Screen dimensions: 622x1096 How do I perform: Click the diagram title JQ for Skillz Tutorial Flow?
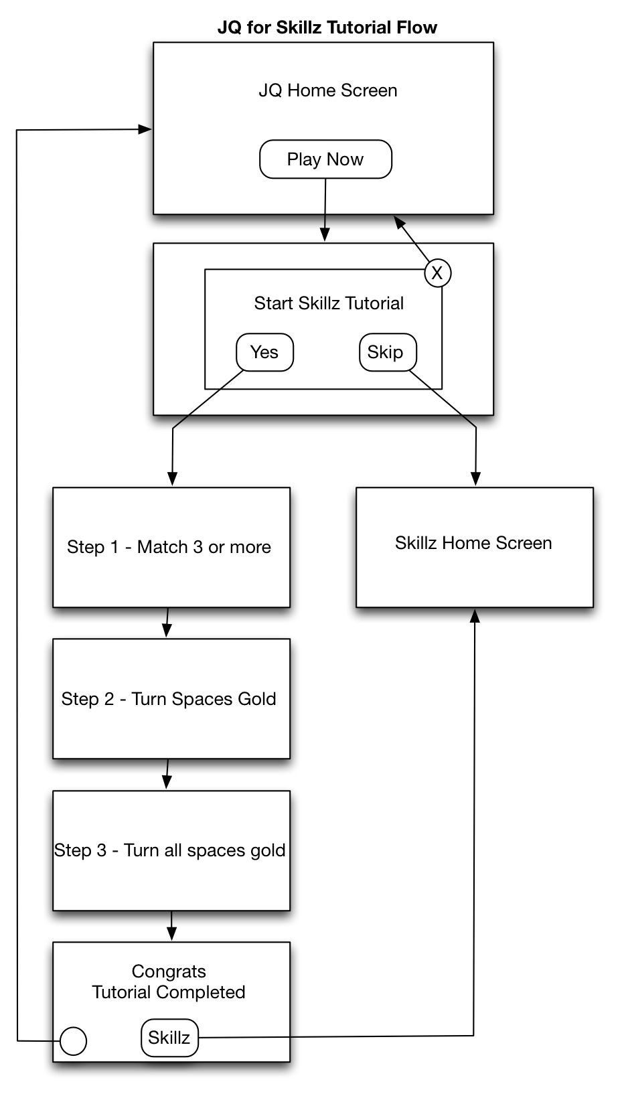pyautogui.click(x=327, y=27)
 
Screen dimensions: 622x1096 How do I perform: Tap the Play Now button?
pyautogui.click(x=325, y=159)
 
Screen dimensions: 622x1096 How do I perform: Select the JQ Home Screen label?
pyautogui.click(x=328, y=90)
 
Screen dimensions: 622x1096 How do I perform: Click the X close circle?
pyautogui.click(x=437, y=272)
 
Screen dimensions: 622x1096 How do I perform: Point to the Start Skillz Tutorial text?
pyautogui.click(x=329, y=303)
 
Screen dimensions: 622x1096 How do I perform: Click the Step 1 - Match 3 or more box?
pyautogui.click(x=171, y=547)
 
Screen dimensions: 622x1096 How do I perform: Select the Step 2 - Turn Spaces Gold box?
pyautogui.click(x=171, y=699)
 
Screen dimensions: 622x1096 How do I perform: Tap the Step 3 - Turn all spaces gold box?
pyautogui.click(x=171, y=850)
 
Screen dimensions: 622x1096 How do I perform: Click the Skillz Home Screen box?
pyautogui.click(x=475, y=547)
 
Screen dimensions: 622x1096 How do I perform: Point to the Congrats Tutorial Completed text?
pyautogui.click(x=169, y=982)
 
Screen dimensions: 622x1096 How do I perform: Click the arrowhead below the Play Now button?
pyautogui.click(x=325, y=235)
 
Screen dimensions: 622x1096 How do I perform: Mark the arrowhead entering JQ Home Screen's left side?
pyautogui.click(x=145, y=129)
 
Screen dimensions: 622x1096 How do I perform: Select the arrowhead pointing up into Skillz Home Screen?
pyautogui.click(x=475, y=616)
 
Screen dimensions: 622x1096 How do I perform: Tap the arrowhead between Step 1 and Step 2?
pyautogui.click(x=167, y=631)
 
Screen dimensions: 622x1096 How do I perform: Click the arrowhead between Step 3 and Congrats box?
pyautogui.click(x=171, y=934)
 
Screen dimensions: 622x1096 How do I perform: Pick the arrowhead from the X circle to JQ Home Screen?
pyautogui.click(x=399, y=222)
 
